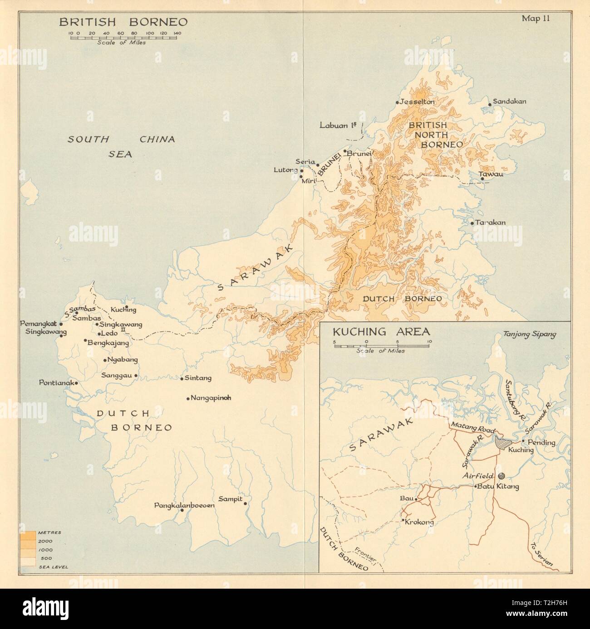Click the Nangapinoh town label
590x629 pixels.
[211, 398]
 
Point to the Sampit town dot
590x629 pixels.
[245, 503]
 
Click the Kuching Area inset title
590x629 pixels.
[382, 331]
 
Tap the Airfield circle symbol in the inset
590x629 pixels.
[501, 476]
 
